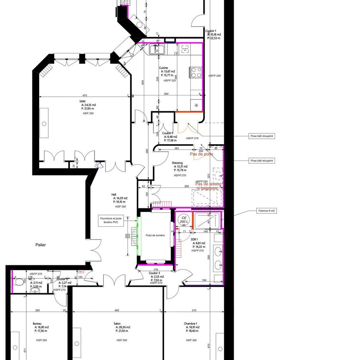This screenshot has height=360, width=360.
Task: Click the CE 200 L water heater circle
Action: coord(182,220)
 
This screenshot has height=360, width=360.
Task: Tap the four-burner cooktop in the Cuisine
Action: coord(195,72)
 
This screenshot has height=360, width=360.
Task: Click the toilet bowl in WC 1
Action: coord(18,282)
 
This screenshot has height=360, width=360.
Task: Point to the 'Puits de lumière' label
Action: coord(155,235)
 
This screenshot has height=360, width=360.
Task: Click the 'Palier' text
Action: coord(40,245)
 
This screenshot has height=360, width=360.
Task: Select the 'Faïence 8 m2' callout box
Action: coord(266,211)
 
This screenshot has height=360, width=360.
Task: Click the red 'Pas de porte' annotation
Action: coord(202,154)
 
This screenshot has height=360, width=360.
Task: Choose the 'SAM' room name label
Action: coord(82,101)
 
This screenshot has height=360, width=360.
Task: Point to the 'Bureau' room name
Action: coord(37,323)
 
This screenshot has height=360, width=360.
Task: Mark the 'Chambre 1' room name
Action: coord(190,323)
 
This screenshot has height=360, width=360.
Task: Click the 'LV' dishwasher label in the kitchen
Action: coord(176,53)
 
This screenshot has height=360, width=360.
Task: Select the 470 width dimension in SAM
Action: coord(84,95)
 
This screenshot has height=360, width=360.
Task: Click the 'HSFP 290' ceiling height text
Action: coord(215,75)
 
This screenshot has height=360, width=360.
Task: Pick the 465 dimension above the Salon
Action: coord(117,310)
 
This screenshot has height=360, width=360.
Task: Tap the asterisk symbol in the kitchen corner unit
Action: coord(196,105)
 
